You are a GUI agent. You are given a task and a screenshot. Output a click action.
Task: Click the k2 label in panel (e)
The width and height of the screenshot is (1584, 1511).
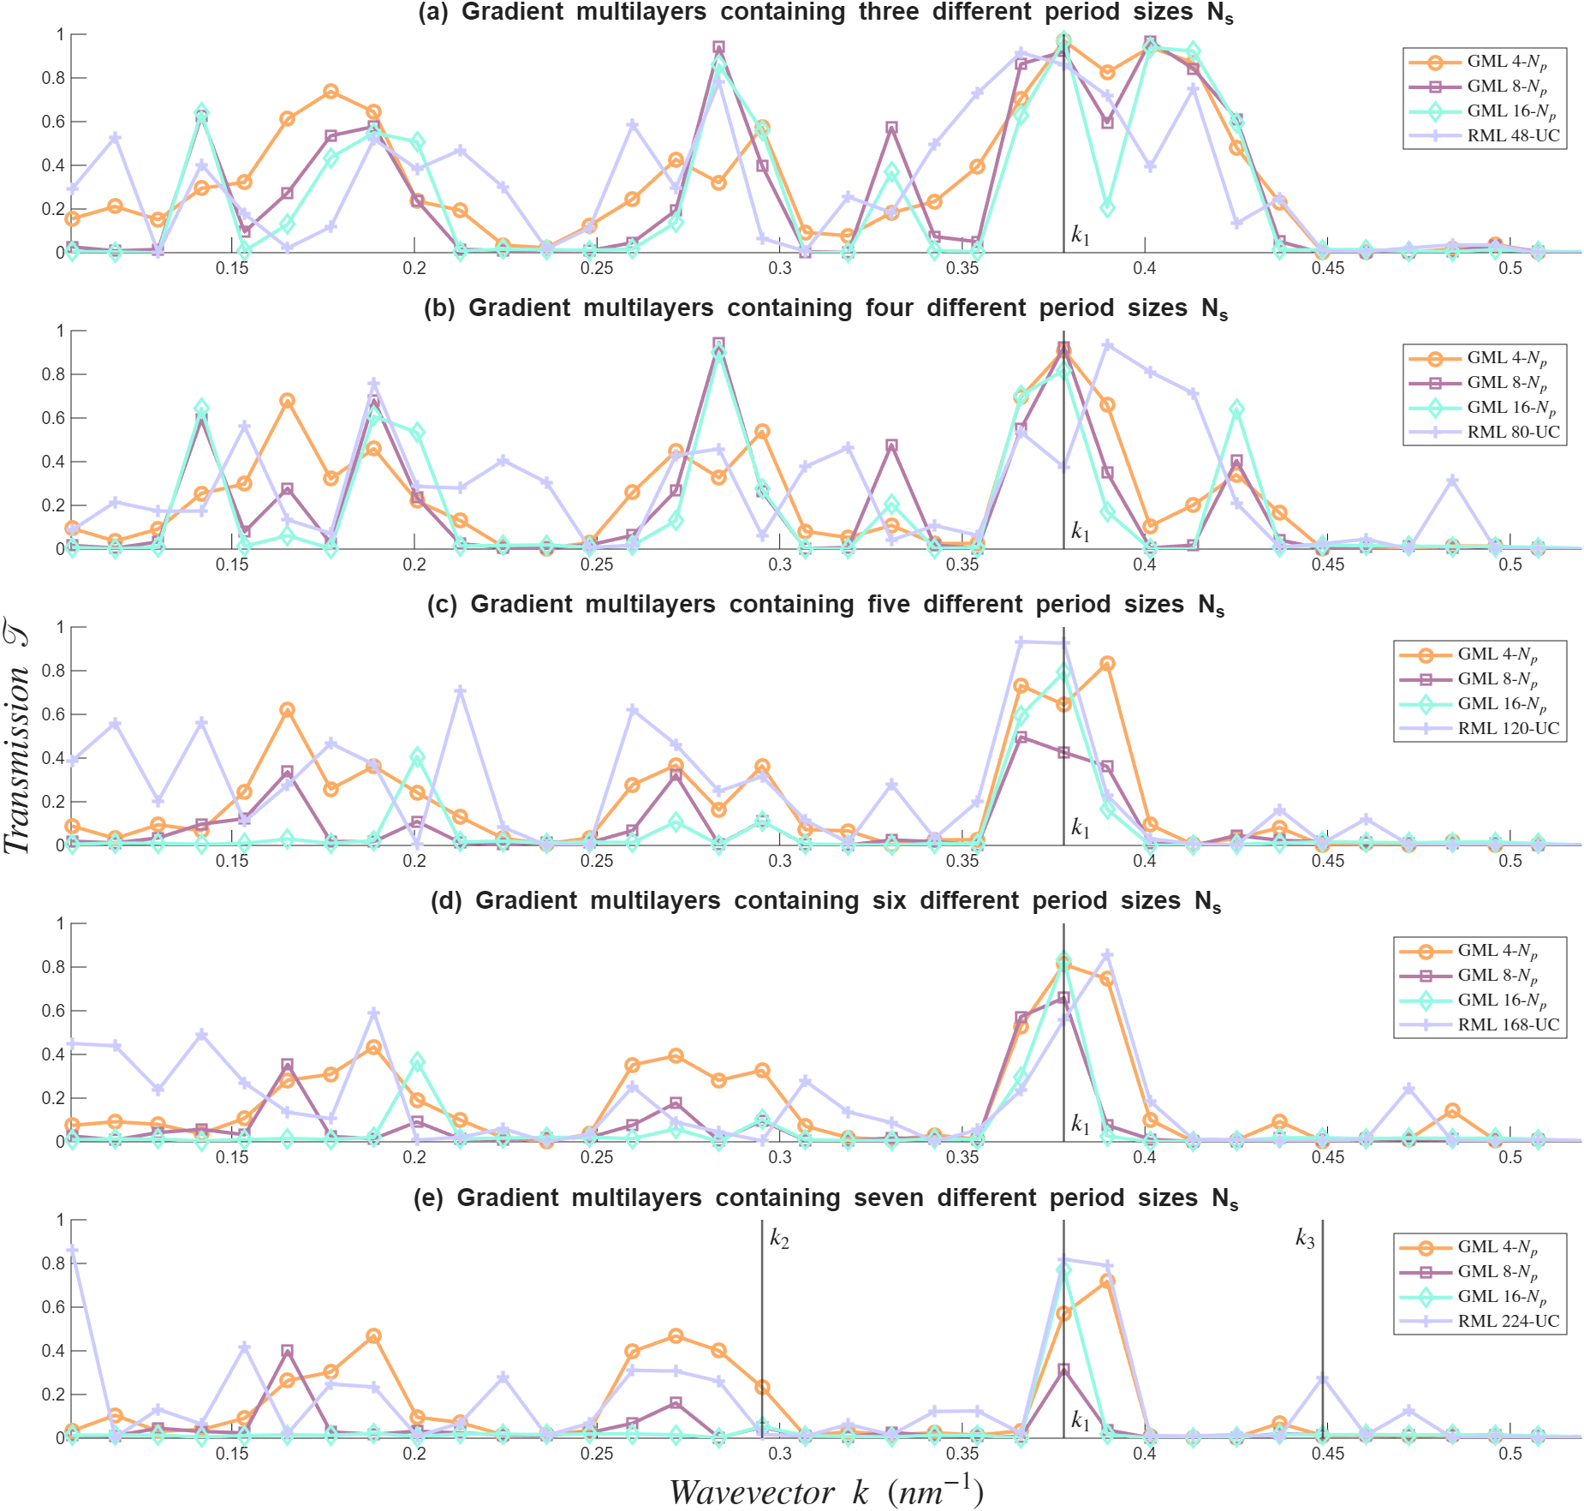coord(779,1238)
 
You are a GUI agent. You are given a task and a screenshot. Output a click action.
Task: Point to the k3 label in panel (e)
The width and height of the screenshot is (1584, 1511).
coord(1305,1238)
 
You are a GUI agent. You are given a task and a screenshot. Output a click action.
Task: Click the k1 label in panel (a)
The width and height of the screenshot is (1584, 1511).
coord(1081,235)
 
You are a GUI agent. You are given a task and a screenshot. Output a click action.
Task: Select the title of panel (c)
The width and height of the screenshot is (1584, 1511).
coord(825,605)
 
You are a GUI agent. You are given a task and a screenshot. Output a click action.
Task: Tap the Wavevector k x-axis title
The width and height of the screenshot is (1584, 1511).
coord(825,1491)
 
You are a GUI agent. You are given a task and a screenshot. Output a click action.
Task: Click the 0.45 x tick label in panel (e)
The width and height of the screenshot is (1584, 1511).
coord(1327,1454)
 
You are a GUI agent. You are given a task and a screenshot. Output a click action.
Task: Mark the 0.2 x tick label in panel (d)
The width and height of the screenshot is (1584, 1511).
coord(414,1157)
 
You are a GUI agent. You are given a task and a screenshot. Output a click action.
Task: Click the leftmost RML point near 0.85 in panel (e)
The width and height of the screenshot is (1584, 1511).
coord(73,1251)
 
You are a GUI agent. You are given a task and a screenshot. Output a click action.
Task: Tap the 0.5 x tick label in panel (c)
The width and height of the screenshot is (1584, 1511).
coord(1510,861)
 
